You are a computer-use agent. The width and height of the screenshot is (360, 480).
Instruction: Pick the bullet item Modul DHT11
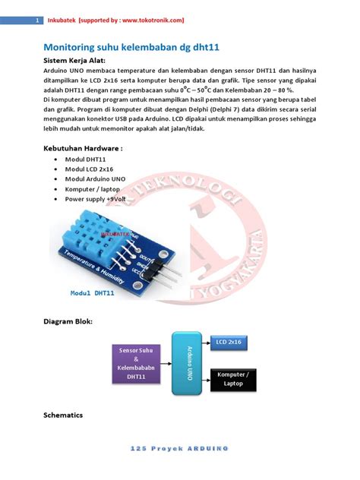click(85, 160)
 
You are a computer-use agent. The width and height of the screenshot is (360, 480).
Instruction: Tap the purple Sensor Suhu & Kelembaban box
click(137, 362)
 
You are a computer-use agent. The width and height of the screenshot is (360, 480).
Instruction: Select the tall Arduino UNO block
click(188, 363)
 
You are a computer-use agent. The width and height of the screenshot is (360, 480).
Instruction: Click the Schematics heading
click(63, 415)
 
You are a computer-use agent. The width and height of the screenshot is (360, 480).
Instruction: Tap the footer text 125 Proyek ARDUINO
click(179, 450)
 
